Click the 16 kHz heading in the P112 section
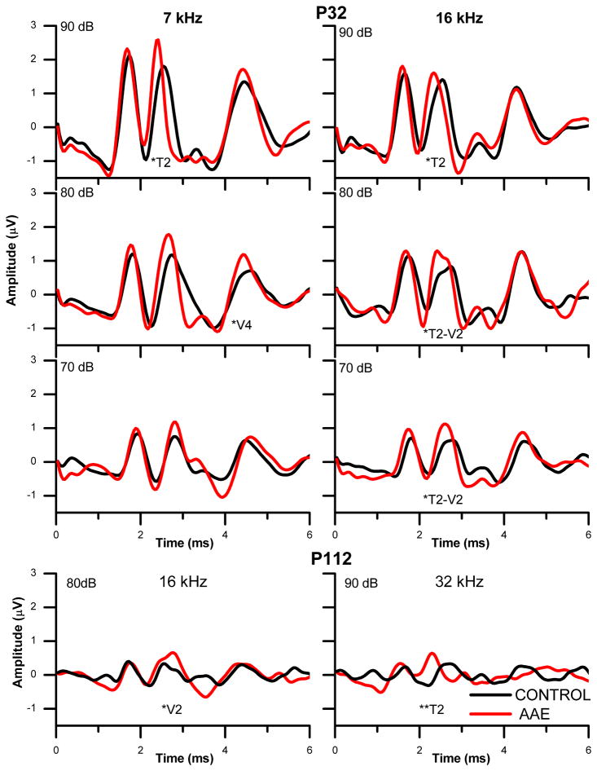(182, 583)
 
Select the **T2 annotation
(432, 707)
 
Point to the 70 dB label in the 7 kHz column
(77, 367)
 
